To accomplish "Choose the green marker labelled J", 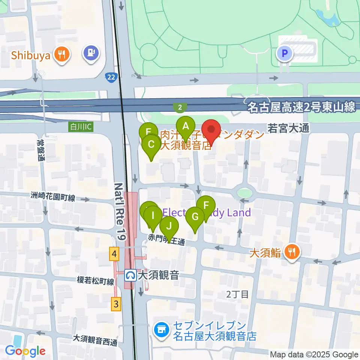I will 169,226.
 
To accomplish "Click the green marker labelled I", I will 153,216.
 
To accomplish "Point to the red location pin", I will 211,130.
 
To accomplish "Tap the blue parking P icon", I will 284,54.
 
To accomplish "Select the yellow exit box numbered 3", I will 116,304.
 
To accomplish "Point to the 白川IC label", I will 81,127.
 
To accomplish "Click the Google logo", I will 25,351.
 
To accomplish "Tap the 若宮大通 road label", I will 288,128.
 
